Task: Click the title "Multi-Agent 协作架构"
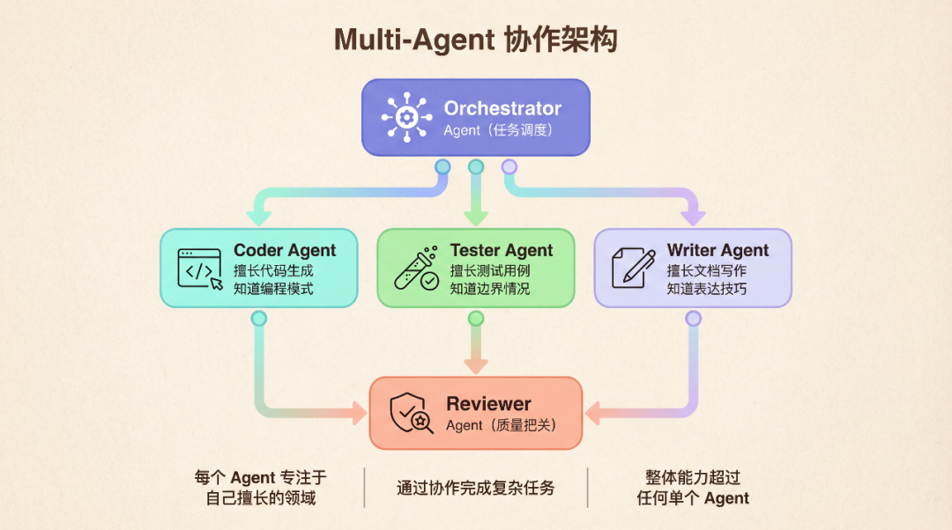(x=475, y=40)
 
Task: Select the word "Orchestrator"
(x=502, y=108)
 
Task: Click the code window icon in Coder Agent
(x=200, y=269)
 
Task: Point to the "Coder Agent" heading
(x=285, y=250)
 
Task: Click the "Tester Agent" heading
(x=502, y=250)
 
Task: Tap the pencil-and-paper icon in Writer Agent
(x=633, y=268)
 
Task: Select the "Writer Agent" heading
(x=718, y=250)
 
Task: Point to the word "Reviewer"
(x=488, y=404)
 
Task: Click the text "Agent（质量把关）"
(x=501, y=425)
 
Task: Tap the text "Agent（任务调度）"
(x=498, y=130)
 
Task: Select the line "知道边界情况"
(x=490, y=288)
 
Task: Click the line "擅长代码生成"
(x=273, y=270)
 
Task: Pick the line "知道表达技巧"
(x=707, y=288)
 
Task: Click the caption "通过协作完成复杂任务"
(x=476, y=487)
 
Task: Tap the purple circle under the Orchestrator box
(x=509, y=166)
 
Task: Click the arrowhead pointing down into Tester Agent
(x=476, y=217)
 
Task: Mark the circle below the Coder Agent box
(x=258, y=318)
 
